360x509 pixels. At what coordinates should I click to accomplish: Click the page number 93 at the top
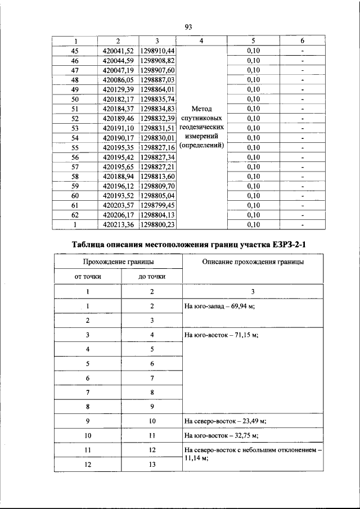188,26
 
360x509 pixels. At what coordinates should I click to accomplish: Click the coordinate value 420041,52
118,51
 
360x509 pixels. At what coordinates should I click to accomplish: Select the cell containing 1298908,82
157,60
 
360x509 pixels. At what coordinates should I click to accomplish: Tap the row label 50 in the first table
75,99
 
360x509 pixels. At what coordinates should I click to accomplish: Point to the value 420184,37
118,109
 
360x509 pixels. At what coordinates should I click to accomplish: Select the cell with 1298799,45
157,205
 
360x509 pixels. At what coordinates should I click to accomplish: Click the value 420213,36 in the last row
118,225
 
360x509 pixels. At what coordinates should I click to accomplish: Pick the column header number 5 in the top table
253,41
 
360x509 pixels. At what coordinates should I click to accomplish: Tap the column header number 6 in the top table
302,41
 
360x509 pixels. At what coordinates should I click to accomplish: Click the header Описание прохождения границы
253,262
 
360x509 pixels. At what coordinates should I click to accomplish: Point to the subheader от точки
88,276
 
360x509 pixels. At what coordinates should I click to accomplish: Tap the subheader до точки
152,276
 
